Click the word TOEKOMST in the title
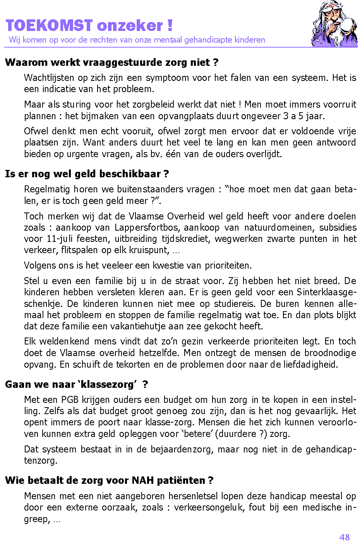49,26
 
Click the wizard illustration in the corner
334,24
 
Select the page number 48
344,537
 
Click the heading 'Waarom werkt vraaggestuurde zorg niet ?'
112,62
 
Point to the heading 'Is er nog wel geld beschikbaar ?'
87,174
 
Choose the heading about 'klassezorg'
77,384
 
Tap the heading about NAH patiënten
109,480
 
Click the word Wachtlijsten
50,78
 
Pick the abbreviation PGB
70,400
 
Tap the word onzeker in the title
130,26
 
